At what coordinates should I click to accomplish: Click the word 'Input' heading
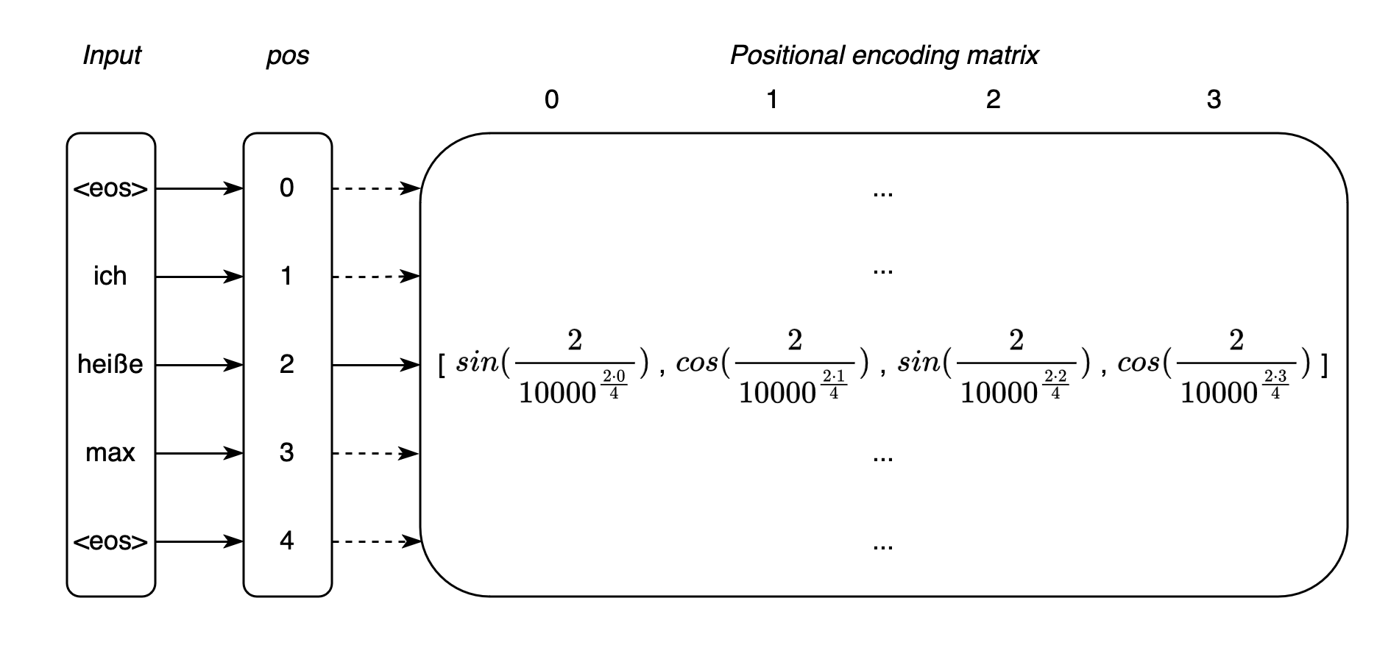coord(111,56)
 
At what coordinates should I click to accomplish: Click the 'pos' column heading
coord(287,56)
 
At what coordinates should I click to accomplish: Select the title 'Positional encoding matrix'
coord(883,56)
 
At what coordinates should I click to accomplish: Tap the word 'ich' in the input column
coord(110,277)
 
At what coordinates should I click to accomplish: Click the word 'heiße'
coord(110,365)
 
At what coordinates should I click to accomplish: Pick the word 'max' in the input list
coord(110,453)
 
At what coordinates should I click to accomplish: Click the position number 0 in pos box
coord(287,188)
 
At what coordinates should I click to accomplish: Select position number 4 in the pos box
coord(287,541)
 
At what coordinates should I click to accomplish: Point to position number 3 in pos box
coord(287,453)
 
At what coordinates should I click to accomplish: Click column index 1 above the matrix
coord(772,99)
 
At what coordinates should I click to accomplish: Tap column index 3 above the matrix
coord(1214,99)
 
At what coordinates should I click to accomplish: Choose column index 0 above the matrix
coord(551,99)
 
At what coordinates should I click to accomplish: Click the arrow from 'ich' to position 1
coord(199,277)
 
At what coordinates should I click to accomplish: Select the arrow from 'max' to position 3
coord(199,453)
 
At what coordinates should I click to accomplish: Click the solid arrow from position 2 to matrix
coord(375,365)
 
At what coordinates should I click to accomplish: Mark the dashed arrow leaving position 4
coord(375,541)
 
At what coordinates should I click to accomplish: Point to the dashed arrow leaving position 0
coord(375,188)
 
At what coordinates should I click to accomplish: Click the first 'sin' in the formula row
coord(477,363)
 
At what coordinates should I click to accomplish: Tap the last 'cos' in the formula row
coord(1139,363)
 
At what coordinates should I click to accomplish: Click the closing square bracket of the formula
coord(1324,365)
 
